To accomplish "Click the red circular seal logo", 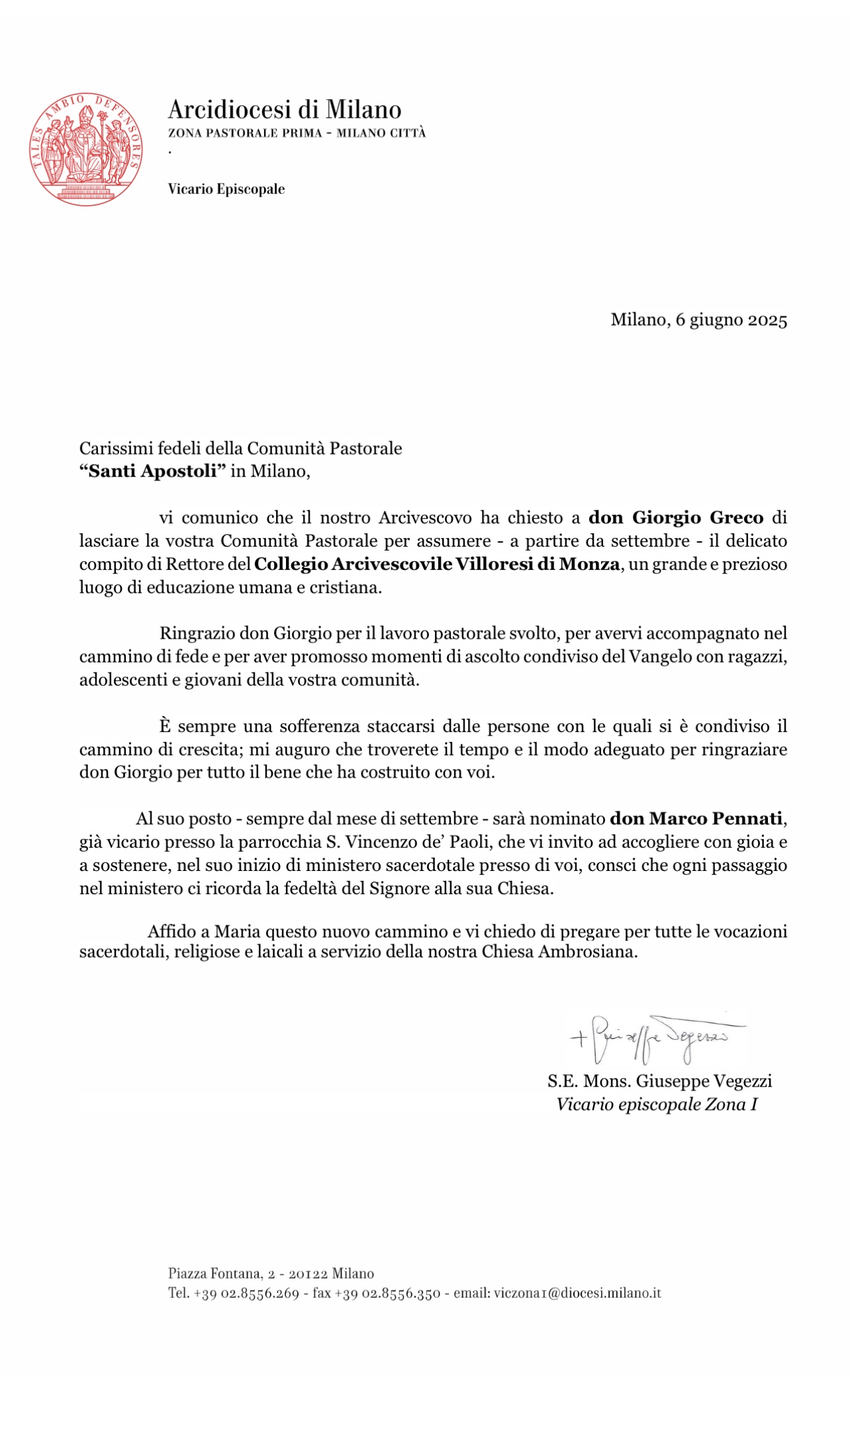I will [x=88, y=148].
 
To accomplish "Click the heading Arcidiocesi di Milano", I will [x=285, y=109].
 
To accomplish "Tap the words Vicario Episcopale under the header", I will [x=226, y=189].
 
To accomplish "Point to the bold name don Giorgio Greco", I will [x=676, y=517].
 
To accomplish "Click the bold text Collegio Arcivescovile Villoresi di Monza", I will [x=437, y=564].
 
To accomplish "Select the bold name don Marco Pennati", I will [x=696, y=819].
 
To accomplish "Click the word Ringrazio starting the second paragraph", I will [x=197, y=633].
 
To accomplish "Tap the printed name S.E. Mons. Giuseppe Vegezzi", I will [x=659, y=1081].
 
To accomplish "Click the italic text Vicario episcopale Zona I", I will [x=657, y=1104].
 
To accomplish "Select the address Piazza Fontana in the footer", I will [x=214, y=1273].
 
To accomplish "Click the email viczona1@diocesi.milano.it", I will [x=575, y=1293].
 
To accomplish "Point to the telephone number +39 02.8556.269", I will [x=246, y=1293].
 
